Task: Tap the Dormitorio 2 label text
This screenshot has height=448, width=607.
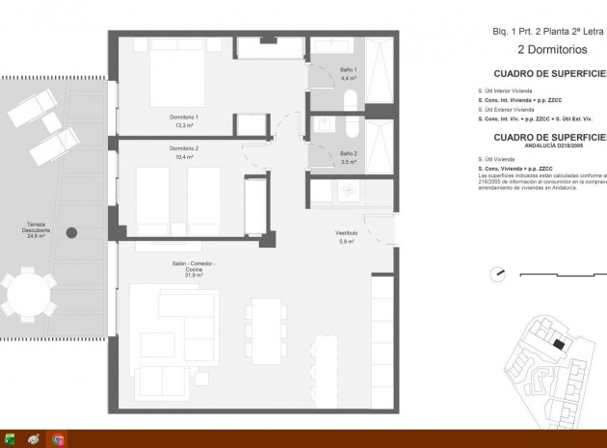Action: click(183, 148)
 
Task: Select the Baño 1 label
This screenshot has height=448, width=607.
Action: click(349, 70)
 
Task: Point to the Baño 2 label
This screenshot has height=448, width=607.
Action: click(349, 153)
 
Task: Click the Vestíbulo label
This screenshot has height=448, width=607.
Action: click(346, 233)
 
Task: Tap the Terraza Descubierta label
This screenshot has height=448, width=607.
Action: click(39, 228)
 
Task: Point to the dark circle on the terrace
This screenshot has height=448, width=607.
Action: click(71, 232)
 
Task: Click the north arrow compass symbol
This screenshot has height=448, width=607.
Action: click(497, 275)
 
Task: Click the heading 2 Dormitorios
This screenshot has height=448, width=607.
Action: click(552, 49)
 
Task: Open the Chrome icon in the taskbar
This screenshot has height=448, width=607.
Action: click(59, 439)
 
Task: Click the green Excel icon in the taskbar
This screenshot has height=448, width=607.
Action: click(10, 439)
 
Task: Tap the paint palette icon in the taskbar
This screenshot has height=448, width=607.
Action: click(34, 439)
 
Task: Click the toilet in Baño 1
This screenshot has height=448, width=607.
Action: click(350, 100)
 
